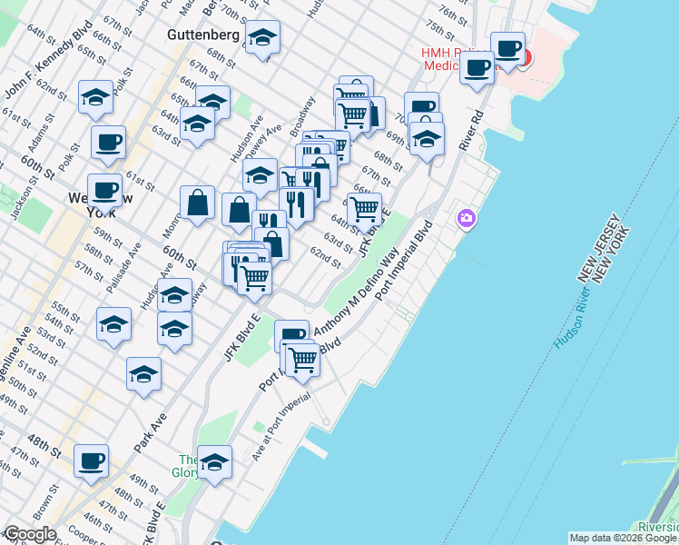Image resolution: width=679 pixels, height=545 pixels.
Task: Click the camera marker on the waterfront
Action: coord(467,218)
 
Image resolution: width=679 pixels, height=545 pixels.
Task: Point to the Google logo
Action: coord(30,534)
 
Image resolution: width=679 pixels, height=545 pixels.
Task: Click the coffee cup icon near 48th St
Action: coord(91,461)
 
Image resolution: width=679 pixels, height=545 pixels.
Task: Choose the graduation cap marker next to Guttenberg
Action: coord(262,37)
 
